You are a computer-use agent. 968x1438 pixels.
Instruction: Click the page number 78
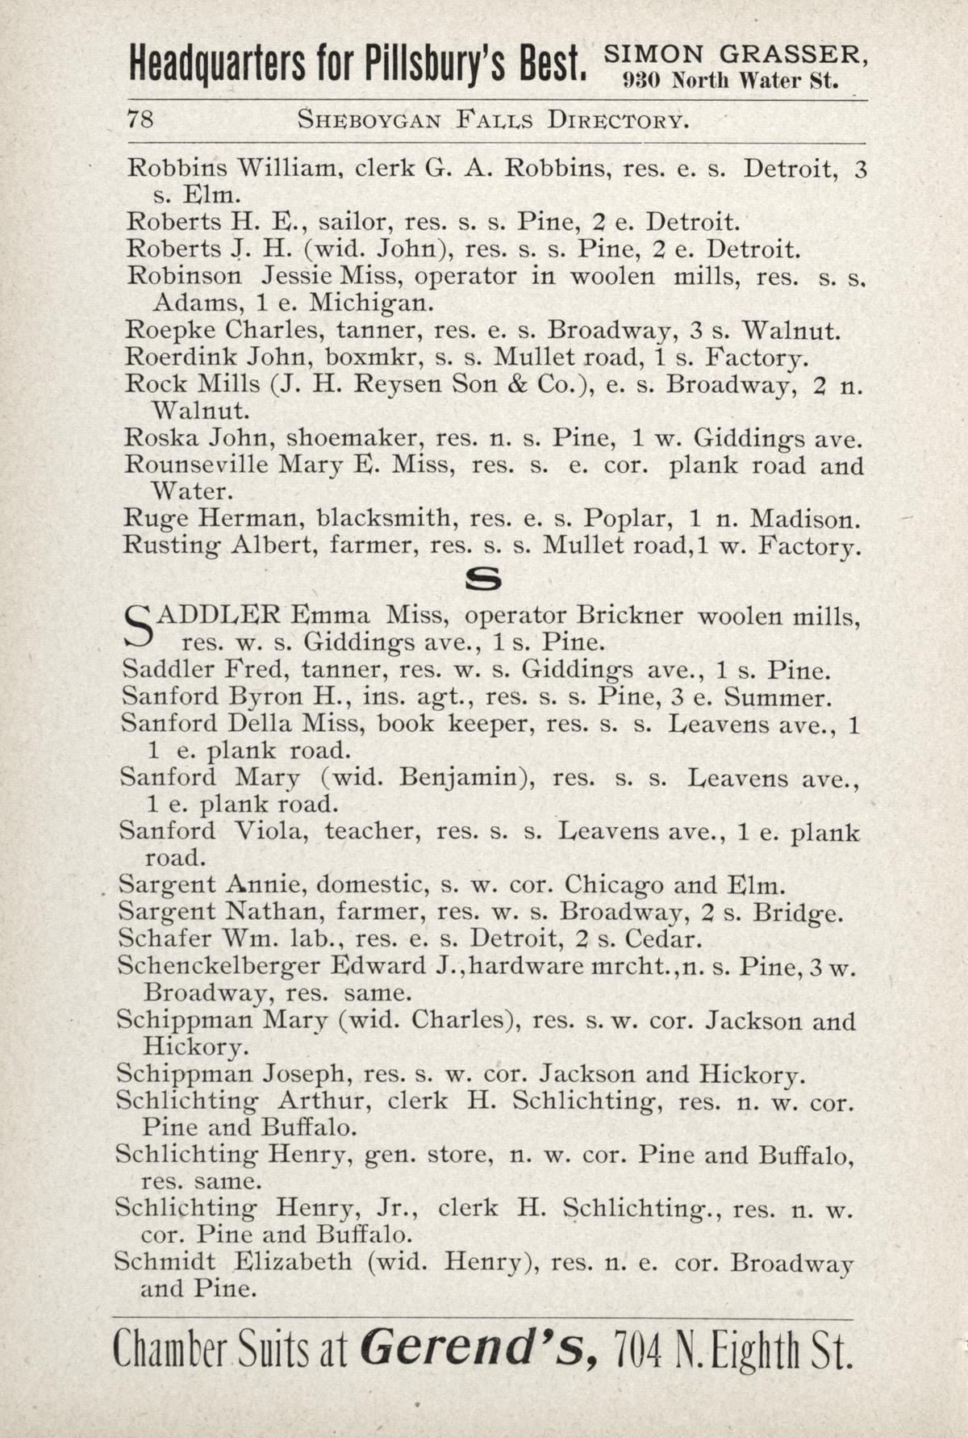click(140, 120)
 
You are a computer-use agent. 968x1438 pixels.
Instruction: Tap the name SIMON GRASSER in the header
click(736, 55)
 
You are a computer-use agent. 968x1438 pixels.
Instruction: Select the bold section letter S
click(483, 580)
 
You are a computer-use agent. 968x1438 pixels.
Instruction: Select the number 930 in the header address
click(642, 81)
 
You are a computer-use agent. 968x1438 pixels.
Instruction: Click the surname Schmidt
click(165, 1262)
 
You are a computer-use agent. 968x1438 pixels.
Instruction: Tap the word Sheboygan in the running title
click(369, 120)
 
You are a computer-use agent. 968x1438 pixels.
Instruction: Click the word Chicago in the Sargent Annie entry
click(614, 885)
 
